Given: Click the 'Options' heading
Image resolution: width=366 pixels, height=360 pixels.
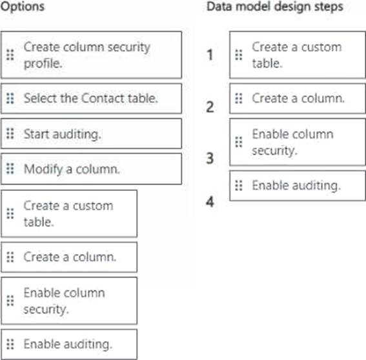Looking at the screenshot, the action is click(23, 6).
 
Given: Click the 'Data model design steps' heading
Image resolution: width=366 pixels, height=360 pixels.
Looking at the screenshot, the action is click(275, 6).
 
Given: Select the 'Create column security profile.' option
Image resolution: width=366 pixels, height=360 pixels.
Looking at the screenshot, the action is click(91, 55).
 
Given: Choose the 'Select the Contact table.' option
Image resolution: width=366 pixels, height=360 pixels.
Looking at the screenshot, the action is click(91, 98).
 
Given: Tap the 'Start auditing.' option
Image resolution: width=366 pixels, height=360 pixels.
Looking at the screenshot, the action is click(91, 134).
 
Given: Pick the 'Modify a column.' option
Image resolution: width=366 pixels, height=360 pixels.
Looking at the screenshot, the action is click(91, 169).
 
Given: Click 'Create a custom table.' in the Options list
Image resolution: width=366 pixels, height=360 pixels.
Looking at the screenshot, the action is click(69, 214).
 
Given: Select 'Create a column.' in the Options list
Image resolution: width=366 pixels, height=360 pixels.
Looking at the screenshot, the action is click(69, 257).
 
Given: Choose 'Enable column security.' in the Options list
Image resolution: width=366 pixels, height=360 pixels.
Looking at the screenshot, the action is click(69, 301).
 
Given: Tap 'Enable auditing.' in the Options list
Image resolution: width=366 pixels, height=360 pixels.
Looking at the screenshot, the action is click(69, 344).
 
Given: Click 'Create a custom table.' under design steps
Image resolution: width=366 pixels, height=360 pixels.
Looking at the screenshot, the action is click(298, 55).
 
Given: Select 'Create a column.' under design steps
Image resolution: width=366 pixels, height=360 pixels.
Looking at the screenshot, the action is click(298, 98).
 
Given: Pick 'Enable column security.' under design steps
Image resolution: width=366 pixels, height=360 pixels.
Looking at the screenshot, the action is click(298, 142).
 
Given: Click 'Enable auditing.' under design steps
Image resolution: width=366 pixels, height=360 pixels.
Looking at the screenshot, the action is click(298, 186).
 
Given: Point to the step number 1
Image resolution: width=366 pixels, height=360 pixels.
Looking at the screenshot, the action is click(210, 55).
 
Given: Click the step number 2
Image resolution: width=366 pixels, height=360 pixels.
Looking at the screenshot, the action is click(210, 107).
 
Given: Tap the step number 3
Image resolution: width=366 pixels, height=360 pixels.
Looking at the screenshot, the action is click(210, 158).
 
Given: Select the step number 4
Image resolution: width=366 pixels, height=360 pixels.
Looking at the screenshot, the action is click(210, 201).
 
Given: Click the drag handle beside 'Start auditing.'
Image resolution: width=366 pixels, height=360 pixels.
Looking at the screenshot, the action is click(10, 134).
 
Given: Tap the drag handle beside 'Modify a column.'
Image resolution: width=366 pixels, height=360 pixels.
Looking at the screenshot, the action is click(10, 168).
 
